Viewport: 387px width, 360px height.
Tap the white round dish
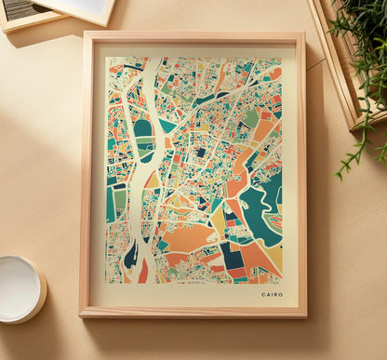click(x=19, y=288)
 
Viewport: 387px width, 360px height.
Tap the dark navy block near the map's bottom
click(x=230, y=254)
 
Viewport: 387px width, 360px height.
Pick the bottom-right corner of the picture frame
click(x=305, y=315)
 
